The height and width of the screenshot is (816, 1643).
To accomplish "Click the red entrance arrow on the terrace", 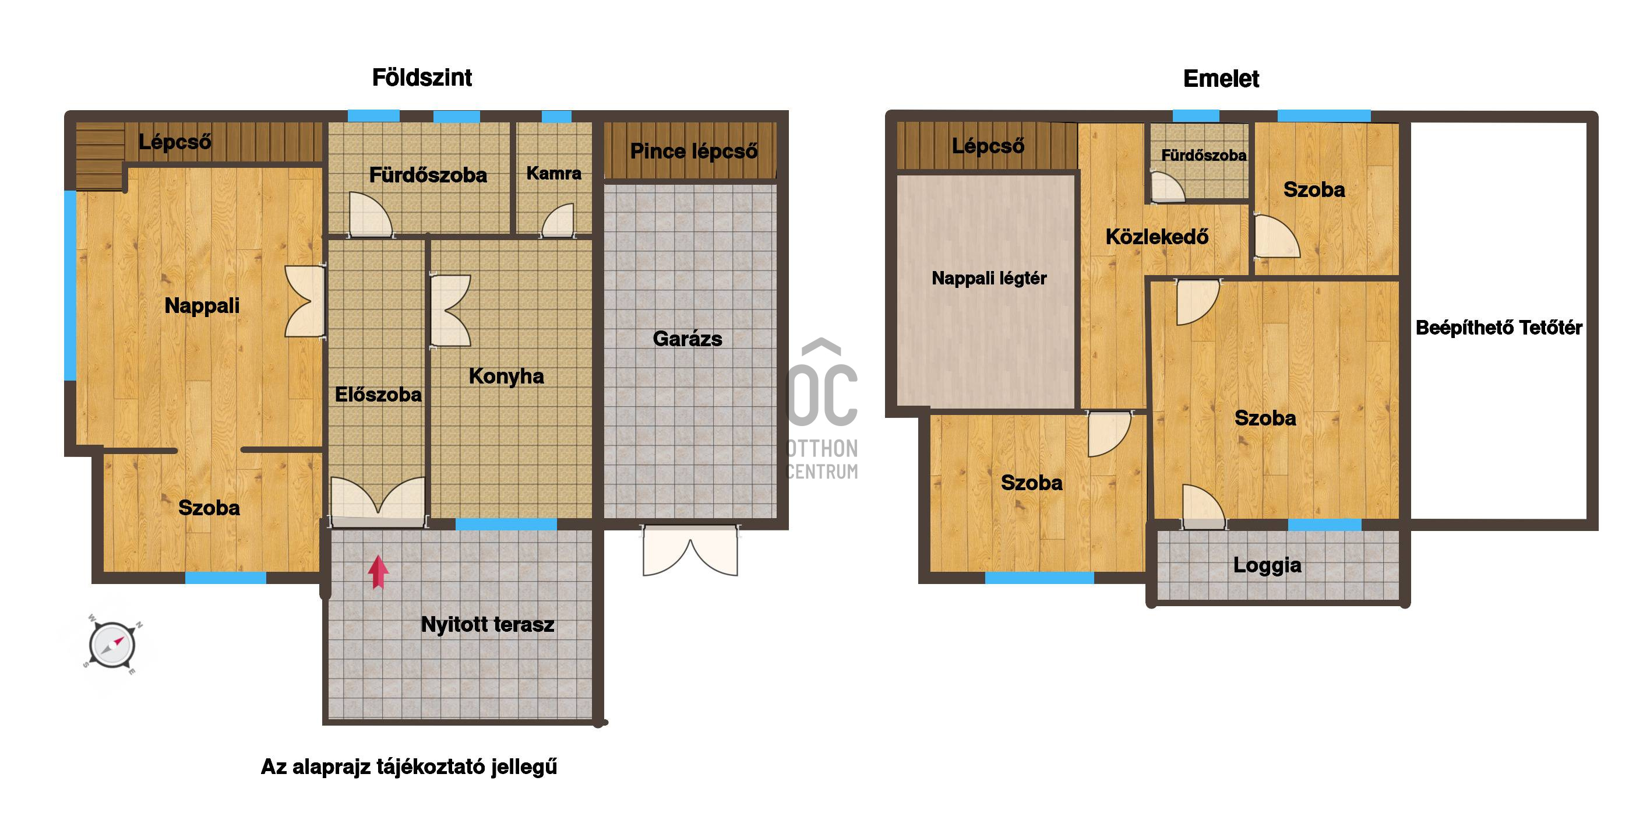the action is (378, 572).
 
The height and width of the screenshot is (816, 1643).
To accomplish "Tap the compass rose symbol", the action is (112, 645).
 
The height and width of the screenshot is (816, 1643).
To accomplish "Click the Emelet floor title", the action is (1221, 79).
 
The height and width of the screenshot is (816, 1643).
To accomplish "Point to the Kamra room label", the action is (553, 173).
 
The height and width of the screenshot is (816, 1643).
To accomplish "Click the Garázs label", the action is (687, 339).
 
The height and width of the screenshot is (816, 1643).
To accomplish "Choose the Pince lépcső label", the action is (694, 151).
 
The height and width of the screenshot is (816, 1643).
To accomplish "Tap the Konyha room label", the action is (506, 377).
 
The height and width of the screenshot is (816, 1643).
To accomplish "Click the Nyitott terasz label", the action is (487, 625).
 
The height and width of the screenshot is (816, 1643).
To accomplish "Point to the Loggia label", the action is (1267, 565).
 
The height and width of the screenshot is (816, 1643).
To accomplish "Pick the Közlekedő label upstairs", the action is (1157, 237).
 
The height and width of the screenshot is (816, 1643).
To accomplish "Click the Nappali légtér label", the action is (989, 278).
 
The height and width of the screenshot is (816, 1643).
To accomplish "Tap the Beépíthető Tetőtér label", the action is (1499, 328).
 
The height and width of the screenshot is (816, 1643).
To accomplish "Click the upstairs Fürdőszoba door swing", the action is (1167, 187).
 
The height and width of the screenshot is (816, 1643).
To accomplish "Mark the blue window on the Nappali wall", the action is (70, 285).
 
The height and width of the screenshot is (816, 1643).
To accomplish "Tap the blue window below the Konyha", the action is (506, 525).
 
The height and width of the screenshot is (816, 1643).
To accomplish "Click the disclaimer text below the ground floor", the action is (409, 767).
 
